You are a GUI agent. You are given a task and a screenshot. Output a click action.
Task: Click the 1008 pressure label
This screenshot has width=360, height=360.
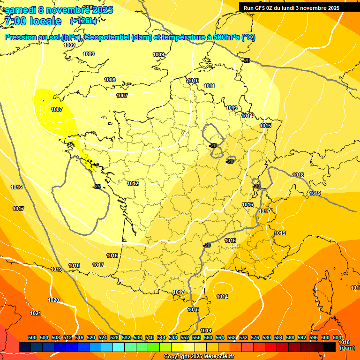pos(110,80)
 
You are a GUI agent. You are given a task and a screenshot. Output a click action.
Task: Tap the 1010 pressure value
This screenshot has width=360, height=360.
pos(193,81)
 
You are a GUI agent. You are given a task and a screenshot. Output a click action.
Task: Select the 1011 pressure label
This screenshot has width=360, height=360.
pos(209,86)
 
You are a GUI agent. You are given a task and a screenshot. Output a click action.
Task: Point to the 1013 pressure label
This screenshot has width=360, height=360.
pos(232,108)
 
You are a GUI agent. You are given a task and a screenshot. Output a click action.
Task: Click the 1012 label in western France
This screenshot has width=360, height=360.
pos(133,183)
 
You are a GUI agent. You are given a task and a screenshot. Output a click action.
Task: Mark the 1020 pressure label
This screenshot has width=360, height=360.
pos(53,300)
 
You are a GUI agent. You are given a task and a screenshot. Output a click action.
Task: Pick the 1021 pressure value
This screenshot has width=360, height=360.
pos(36,313)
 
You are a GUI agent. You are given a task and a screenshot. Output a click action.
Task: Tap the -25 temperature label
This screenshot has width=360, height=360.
pos(97,187)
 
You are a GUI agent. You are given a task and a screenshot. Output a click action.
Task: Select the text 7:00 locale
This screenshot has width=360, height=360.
pos(33,21)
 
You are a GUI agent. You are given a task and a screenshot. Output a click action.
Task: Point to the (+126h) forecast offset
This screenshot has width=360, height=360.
pos(83,21)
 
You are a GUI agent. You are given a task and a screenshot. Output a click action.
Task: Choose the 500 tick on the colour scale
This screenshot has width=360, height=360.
pos(32,337)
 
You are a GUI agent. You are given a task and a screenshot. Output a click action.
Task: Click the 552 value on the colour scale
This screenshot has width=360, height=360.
pos(185,337)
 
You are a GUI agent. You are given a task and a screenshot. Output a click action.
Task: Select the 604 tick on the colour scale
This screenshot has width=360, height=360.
pos(337,337)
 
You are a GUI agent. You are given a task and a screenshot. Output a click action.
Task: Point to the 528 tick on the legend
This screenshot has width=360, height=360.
pos(114,337)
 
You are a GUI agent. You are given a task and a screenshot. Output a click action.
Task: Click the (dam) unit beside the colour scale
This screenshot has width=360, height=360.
pos(347,348)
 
